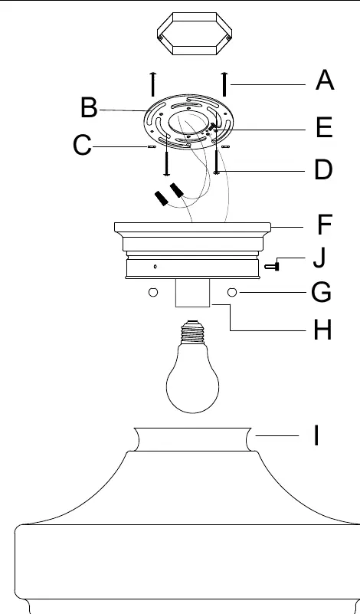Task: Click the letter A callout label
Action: coord(325,80)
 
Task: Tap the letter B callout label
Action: coord(89,107)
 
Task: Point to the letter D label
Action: coord(323,170)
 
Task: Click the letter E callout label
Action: coord(324,127)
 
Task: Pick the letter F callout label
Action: coord(325,225)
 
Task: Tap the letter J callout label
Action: coord(319,258)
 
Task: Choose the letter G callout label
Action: coord(321,293)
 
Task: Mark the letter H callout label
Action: coord(322,330)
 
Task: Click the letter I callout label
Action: coord(316,435)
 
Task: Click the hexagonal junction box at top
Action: coord(195,34)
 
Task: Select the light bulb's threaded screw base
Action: coord(192,332)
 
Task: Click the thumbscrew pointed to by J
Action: coord(272,267)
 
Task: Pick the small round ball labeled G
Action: coord(232,292)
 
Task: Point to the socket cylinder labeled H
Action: coord(192,293)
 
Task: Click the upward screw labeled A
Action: coord(224,84)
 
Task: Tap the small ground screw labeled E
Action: coord(212,126)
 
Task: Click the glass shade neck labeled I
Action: coord(192,439)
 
